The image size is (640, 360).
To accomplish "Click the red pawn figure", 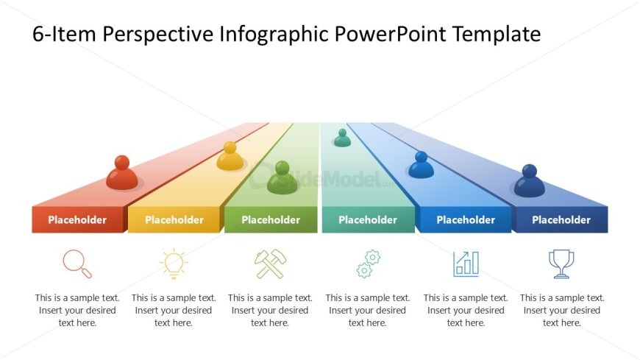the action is click(121, 173).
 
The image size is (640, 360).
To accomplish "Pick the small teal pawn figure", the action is click(342, 138).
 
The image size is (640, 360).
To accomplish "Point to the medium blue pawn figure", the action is click(421, 165).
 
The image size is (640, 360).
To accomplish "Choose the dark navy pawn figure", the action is click(530, 180).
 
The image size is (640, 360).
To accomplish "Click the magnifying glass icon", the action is click(77, 264).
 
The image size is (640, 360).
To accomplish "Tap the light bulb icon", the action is click(174, 264).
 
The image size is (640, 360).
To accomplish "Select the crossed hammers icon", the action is click(270, 264).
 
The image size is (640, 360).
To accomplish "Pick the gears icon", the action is click(368, 264).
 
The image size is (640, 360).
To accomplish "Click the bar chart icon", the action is click(466, 264).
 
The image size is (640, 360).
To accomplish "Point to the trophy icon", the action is click(561, 264).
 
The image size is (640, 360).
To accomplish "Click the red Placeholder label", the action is click(77, 220).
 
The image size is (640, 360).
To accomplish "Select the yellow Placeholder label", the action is click(174, 220).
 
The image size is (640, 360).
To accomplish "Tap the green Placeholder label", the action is click(271, 220).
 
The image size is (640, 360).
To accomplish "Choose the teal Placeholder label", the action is click(368, 220).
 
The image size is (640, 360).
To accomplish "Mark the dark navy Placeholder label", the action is click(561, 220).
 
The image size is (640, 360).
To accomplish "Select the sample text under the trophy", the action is click(562, 310).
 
